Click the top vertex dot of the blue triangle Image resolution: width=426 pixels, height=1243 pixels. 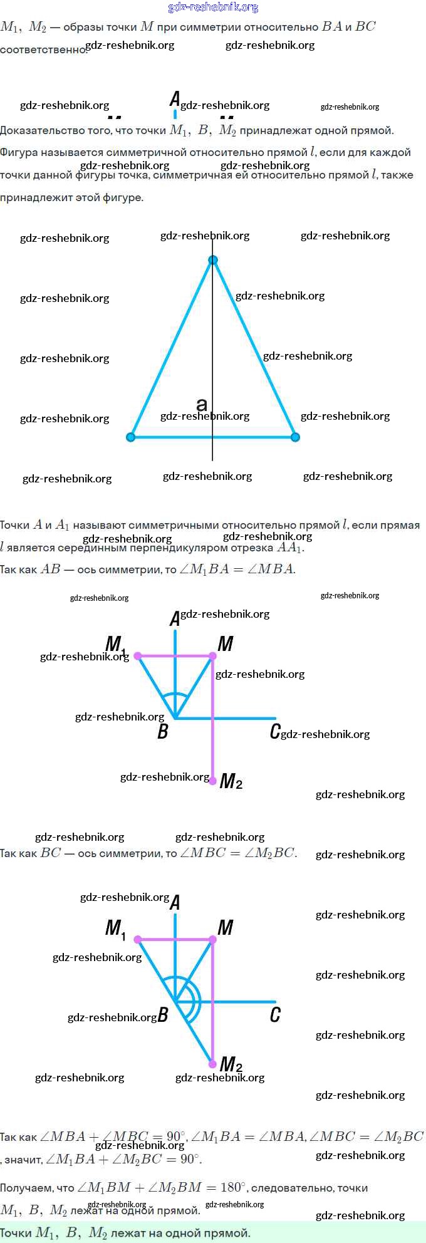coord(213,260)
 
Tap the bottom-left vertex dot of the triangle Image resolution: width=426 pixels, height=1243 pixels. coord(131,437)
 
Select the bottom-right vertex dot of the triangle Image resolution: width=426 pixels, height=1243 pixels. coord(295,437)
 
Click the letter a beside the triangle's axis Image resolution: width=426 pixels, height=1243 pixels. coord(202,404)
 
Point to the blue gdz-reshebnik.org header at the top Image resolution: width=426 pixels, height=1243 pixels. coord(213,7)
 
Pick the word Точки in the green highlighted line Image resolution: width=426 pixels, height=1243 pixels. coord(16,1233)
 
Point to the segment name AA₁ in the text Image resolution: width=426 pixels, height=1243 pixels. coord(290,548)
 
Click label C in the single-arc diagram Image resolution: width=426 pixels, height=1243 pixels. coord(275,731)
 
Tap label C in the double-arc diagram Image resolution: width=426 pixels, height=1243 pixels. coord(275,1014)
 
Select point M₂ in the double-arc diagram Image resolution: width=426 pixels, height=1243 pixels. coord(213,1064)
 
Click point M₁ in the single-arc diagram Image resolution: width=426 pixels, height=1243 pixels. coord(138,656)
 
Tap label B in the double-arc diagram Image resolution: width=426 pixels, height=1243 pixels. coord(163,1015)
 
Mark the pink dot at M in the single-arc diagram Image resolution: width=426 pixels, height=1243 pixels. coord(212,656)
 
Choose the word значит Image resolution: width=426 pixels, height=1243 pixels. coord(24,1160)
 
